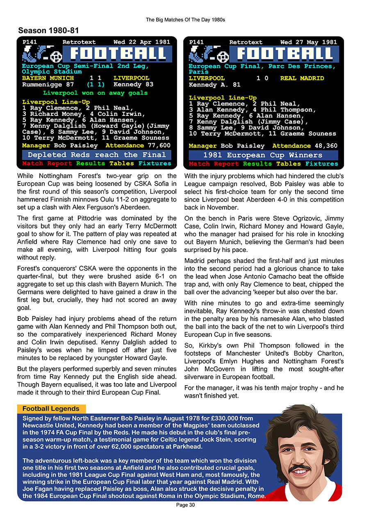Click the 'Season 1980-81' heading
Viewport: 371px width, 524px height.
tap(48, 31)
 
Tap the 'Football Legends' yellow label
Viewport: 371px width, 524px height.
tap(51, 409)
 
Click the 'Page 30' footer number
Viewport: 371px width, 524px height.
tap(185, 505)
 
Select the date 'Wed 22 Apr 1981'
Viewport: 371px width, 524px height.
tap(141, 42)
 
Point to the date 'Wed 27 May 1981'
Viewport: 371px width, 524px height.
tap(308, 42)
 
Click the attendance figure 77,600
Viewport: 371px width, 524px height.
tap(159, 145)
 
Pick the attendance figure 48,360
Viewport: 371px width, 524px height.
tap(326, 146)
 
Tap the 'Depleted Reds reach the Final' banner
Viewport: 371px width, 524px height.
tap(97, 155)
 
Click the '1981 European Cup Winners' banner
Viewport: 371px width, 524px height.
tap(263, 155)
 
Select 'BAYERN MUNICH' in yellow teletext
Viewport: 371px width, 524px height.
tap(48, 78)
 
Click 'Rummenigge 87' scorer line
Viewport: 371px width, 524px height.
tap(48, 84)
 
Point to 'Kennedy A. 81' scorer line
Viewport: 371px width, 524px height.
tap(212, 85)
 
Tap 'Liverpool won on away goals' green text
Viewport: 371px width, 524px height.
tap(95, 93)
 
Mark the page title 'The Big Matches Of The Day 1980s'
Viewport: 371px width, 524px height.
tap(185, 20)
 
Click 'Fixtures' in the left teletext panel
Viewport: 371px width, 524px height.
tap(155, 163)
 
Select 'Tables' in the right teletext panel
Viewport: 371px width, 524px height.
tap(288, 164)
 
